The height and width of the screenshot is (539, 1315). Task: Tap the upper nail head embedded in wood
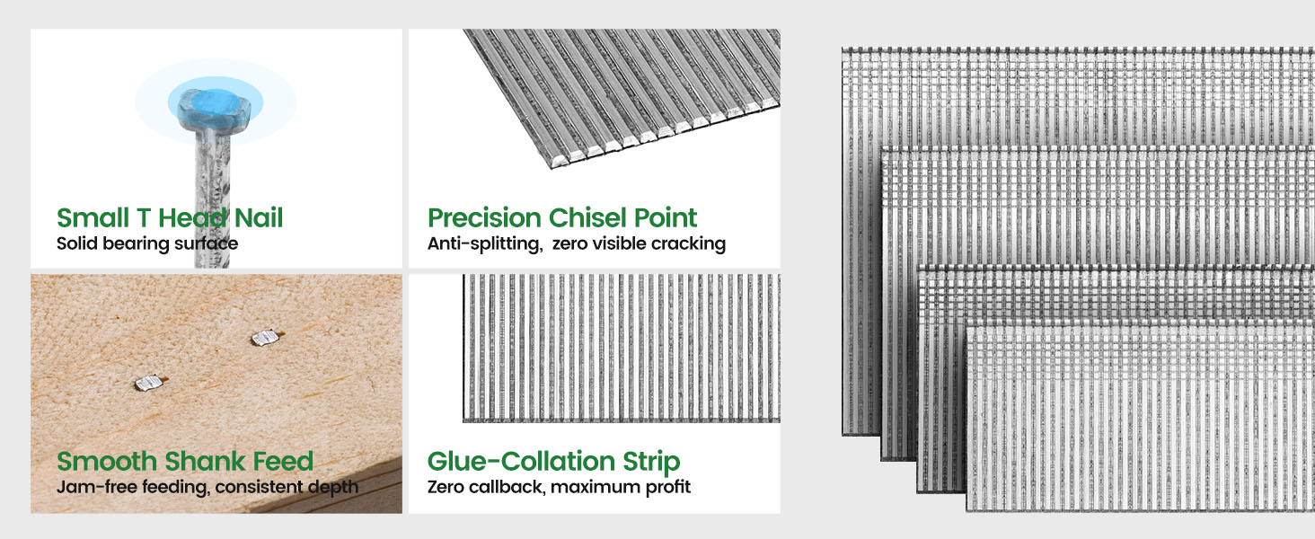(265, 338)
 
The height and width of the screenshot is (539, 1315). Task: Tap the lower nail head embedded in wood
(149, 383)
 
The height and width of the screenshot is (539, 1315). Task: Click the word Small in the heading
(93, 217)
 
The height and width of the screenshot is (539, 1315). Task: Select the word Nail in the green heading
(259, 217)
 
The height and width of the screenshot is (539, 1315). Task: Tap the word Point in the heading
(666, 217)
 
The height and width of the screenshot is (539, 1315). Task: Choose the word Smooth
(107, 462)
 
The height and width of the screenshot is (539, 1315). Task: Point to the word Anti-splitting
(485, 243)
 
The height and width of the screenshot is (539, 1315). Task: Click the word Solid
(77, 243)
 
